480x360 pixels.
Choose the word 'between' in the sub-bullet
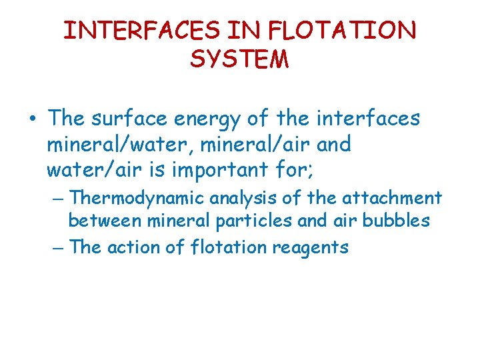click(x=104, y=221)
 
